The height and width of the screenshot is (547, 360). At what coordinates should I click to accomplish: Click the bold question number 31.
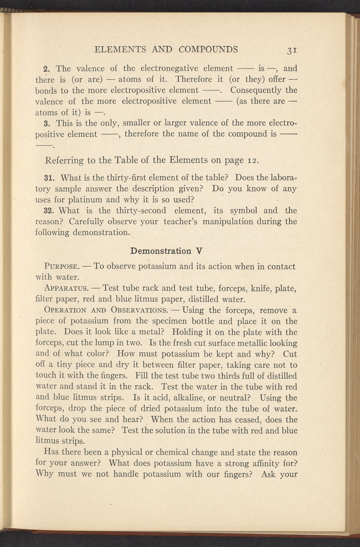tap(49, 178)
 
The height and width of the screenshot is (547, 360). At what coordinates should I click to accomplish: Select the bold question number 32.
tap(49, 210)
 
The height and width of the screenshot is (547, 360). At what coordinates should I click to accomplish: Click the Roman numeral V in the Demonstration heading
tap(198, 251)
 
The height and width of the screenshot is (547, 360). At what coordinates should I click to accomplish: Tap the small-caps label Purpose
tap(61, 267)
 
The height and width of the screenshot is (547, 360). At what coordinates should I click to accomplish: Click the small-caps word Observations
tap(139, 310)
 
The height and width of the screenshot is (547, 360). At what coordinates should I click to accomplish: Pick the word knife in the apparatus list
tap(259, 289)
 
